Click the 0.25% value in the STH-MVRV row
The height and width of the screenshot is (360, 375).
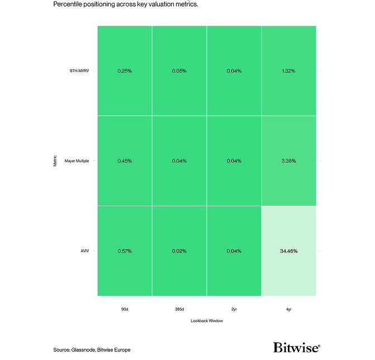pos(124,71)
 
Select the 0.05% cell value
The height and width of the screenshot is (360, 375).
pos(179,71)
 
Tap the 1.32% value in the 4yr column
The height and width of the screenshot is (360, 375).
pos(289,71)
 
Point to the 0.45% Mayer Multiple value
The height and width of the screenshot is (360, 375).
pos(124,161)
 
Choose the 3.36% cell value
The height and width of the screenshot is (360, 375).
pos(289,161)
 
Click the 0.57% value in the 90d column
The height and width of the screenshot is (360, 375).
pos(124,251)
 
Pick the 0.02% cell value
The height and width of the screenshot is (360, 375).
pos(179,251)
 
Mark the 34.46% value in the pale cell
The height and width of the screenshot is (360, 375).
pos(289,251)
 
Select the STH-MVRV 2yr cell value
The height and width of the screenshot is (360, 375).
pos(234,71)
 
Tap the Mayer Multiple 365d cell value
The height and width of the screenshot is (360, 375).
pos(179,161)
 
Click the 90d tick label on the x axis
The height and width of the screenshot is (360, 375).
pos(124,309)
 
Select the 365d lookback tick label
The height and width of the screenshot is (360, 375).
pos(179,309)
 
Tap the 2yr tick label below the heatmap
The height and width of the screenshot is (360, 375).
pos(234,309)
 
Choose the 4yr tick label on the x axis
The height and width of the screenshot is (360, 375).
pos(289,309)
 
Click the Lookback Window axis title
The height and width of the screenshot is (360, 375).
pos(207,321)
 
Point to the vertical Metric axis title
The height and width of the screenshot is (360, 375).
pos(55,161)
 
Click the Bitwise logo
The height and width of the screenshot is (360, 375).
pos(296,348)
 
